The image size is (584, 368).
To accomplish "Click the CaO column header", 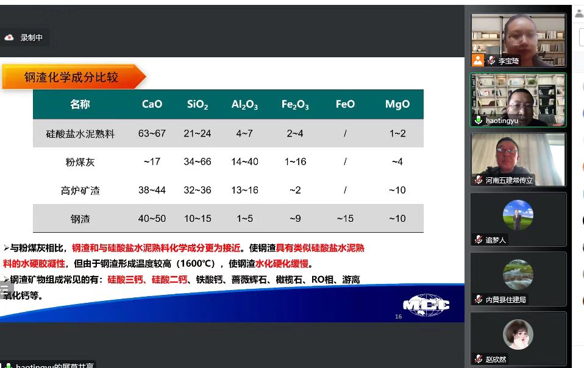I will (152, 104).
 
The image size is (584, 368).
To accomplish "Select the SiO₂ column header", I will (198, 105).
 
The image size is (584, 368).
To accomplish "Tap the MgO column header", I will (397, 104).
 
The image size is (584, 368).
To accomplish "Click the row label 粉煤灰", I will (80, 162).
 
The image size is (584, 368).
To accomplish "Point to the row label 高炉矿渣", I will (80, 191).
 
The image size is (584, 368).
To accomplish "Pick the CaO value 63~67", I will (152, 133).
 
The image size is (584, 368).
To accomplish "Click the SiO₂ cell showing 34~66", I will (198, 162).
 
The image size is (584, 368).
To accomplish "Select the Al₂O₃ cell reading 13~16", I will (244, 190).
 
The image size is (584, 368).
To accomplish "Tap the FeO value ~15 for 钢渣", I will (345, 219).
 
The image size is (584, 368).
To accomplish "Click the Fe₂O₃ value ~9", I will (295, 219).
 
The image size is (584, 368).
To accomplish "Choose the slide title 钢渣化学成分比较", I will (71, 77).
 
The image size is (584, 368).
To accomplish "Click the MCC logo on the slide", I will (426, 305).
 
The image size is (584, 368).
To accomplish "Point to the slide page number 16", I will (399, 317).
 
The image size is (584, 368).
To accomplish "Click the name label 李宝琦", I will (508, 61).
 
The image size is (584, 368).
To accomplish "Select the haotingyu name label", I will (502, 121).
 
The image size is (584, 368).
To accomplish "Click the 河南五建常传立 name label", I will (509, 180).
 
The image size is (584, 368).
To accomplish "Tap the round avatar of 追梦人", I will (518, 215).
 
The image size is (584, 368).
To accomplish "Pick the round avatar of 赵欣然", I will (518, 334).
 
